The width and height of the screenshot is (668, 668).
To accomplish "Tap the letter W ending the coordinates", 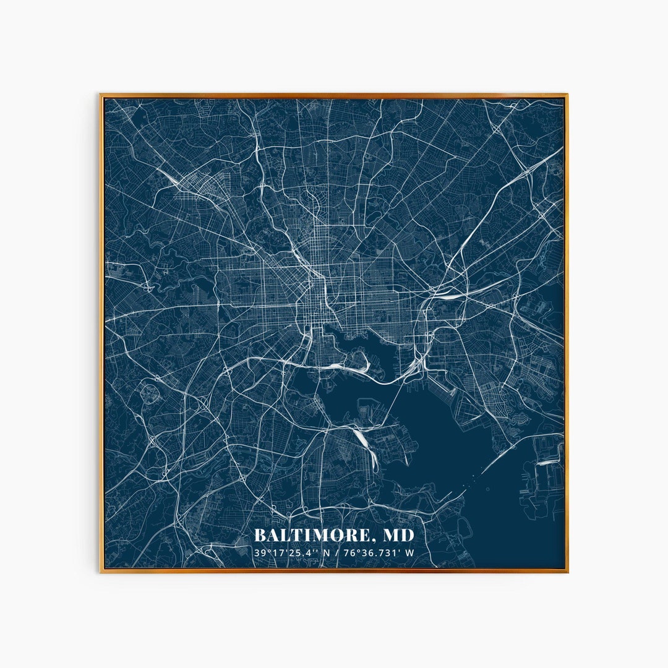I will point(410,552).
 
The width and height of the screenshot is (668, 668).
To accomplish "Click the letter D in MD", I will point(407,535).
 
